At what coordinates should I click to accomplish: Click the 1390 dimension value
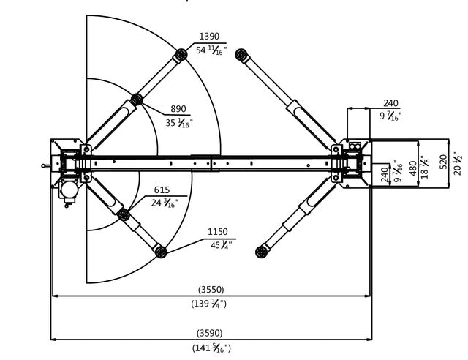tap(209, 37)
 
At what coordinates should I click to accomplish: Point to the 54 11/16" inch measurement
tap(211, 50)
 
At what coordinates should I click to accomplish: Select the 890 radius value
tap(178, 109)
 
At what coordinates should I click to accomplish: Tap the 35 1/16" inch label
tap(179, 123)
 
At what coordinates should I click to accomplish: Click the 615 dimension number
tap(162, 190)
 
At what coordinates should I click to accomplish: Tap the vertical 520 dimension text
tap(442, 161)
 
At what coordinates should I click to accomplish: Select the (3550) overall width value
tap(211, 289)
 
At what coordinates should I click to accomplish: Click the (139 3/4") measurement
tap(211, 304)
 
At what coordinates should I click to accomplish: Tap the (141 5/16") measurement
tap(211, 348)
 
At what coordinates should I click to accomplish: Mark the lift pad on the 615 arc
tap(124, 214)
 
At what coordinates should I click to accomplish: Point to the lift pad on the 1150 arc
tap(161, 252)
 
